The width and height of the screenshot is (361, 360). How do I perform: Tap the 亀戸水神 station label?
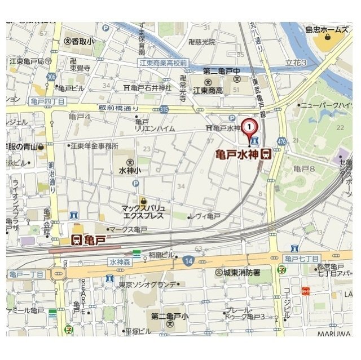click(239, 154)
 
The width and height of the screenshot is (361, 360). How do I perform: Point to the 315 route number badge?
click(164, 109)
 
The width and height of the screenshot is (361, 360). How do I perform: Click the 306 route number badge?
click(52, 77)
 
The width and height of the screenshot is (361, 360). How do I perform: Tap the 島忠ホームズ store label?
click(327, 29)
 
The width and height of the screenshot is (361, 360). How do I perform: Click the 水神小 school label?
click(130, 169)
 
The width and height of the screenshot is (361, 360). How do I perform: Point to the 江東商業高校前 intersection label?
click(164, 63)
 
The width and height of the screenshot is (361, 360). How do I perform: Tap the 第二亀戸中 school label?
click(222, 71)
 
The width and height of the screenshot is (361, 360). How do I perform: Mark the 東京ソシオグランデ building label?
click(147, 284)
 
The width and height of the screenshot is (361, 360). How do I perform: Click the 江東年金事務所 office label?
click(94, 145)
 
